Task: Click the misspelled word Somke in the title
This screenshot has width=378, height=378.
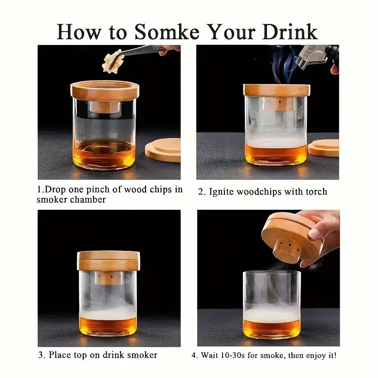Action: tap(167, 32)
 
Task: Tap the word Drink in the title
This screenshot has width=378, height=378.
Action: tap(290, 32)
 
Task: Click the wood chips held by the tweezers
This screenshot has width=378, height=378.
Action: tap(113, 61)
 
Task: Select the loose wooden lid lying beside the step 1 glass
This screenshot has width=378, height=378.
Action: tap(163, 150)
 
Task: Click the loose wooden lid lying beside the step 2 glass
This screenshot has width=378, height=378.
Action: tap(324, 148)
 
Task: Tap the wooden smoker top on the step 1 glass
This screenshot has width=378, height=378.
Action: tap(105, 91)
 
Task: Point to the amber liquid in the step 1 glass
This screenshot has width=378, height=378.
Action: tap(104, 154)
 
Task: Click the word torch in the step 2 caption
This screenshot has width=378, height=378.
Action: tap(317, 192)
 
